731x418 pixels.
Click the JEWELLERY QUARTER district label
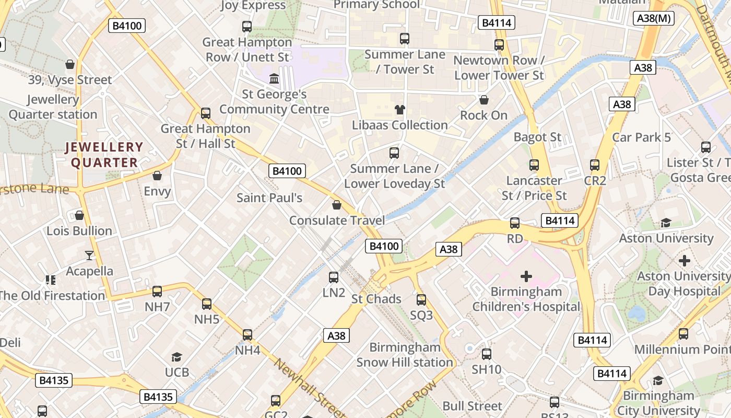pyautogui.click(x=104, y=155)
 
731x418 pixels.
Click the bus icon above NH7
pyautogui.click(x=157, y=292)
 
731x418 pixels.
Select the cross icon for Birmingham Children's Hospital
pyautogui.click(x=526, y=276)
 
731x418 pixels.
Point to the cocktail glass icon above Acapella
pyautogui.click(x=89, y=256)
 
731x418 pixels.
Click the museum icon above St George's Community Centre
pyautogui.click(x=274, y=79)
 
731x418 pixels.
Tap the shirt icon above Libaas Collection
pyautogui.click(x=400, y=110)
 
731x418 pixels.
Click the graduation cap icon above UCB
pyautogui.click(x=176, y=357)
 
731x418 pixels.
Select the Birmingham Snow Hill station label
pyautogui.click(x=405, y=355)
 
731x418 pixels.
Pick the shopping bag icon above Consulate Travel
pyautogui.click(x=337, y=205)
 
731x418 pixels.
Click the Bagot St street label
pyautogui.click(x=537, y=137)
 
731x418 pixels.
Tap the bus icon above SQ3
pyautogui.click(x=421, y=300)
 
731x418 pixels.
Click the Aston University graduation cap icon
pyautogui.click(x=666, y=223)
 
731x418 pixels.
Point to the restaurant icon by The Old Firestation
pyautogui.click(x=50, y=280)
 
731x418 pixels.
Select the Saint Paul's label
pyautogui.click(x=269, y=198)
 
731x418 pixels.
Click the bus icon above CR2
pyautogui.click(x=595, y=165)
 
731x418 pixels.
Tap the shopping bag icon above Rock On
pyautogui.click(x=484, y=100)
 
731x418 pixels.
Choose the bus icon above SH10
pyautogui.click(x=487, y=354)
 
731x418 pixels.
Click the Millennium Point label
pyautogui.click(x=682, y=349)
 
